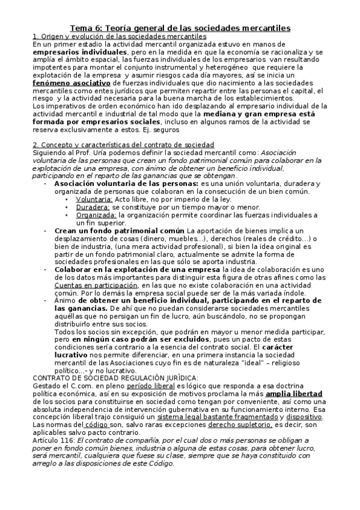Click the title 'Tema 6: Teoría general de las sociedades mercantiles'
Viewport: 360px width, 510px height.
(x=180, y=28)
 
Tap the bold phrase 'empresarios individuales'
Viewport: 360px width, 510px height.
(x=76, y=52)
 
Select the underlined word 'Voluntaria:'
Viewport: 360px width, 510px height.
(x=94, y=198)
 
